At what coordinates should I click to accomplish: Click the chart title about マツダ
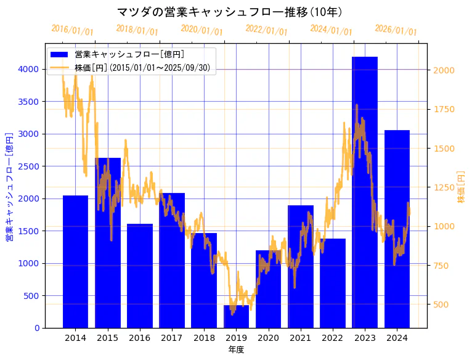(230, 12)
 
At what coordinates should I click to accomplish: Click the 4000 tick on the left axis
(27, 69)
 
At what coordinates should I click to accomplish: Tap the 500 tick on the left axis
(30, 296)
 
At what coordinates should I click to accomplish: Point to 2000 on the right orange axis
(444, 70)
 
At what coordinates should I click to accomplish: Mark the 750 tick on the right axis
(442, 266)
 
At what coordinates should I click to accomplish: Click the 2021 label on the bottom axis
(300, 338)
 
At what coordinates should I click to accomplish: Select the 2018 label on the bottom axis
(204, 338)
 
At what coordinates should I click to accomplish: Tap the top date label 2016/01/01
(72, 30)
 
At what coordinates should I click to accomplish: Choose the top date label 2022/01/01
(266, 30)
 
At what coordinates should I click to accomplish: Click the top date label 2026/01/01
(396, 31)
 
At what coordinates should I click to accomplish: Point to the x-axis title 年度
(236, 350)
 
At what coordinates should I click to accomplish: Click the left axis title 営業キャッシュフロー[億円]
(9, 186)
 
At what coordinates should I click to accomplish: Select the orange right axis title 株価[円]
(461, 187)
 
